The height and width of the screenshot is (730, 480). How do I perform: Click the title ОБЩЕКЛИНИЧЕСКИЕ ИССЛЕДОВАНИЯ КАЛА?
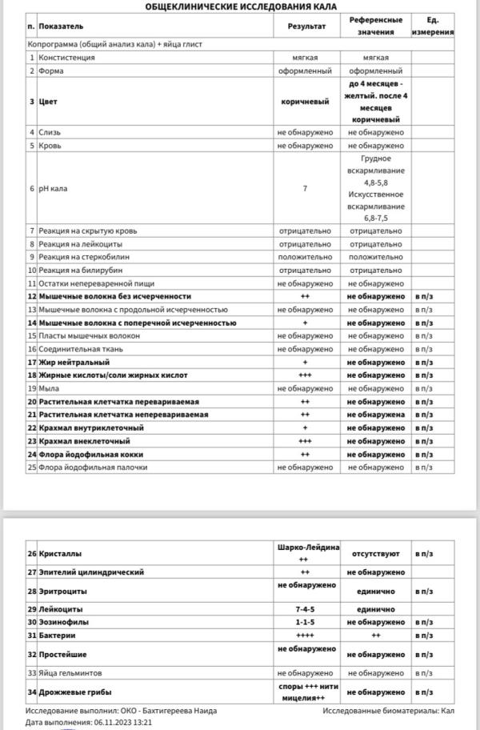click(240, 6)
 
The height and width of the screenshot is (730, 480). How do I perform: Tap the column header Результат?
click(306, 26)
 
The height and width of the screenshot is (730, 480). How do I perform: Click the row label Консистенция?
click(66, 58)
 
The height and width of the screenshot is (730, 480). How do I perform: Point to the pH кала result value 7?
click(305, 188)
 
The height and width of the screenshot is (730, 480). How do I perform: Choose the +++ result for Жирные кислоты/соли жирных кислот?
click(305, 375)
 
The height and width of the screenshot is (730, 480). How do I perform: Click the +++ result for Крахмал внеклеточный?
click(305, 440)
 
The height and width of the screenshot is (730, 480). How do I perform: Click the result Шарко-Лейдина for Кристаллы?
click(304, 547)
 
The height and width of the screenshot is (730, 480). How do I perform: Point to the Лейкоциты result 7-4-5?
click(305, 609)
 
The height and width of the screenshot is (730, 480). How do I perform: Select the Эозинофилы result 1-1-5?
click(305, 622)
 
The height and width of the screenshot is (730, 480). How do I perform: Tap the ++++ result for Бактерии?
click(305, 636)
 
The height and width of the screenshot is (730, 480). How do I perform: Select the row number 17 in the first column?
click(32, 362)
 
